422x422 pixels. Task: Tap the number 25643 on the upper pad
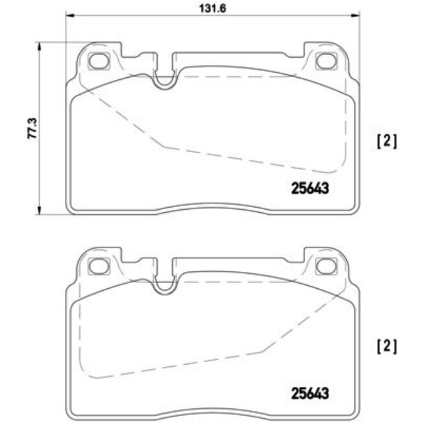click(x=309, y=188)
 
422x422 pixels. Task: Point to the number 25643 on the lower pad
click(x=309, y=393)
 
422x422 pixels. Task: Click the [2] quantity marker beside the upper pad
click(x=386, y=141)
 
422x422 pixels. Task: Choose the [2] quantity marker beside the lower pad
click(x=386, y=346)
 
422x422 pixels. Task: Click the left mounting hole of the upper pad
click(x=99, y=62)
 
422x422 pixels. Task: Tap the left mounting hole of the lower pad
click(x=99, y=266)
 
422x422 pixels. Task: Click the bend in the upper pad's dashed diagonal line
click(x=162, y=146)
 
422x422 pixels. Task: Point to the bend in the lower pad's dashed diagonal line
click(x=262, y=351)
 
